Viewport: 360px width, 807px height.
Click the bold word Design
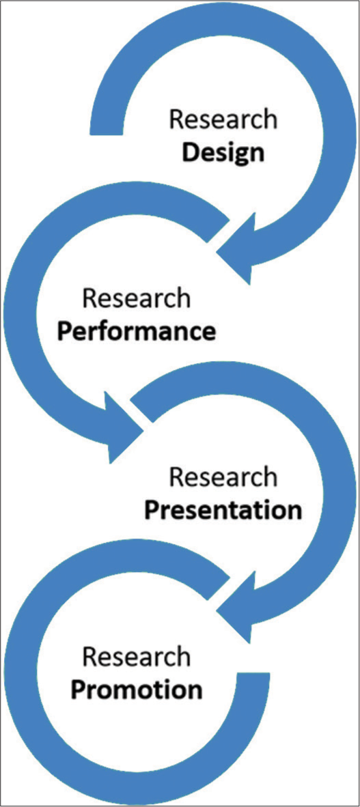(x=223, y=152)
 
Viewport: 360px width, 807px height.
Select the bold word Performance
(x=136, y=331)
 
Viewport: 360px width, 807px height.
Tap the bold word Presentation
(x=223, y=511)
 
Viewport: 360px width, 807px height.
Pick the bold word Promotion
(x=136, y=689)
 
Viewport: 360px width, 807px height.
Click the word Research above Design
(x=223, y=120)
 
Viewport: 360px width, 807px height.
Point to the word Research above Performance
(x=136, y=299)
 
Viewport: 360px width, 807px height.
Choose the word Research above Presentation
(x=223, y=478)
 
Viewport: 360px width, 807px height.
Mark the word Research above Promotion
(x=136, y=657)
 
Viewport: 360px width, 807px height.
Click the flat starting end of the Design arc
(x=107, y=133)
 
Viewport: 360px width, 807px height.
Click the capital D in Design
(x=192, y=152)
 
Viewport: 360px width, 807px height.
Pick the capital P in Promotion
(x=79, y=689)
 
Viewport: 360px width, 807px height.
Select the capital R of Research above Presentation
(x=177, y=478)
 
